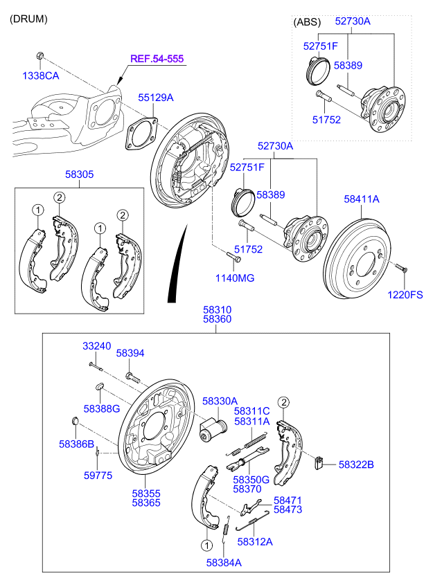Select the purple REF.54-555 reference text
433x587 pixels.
(x=158, y=59)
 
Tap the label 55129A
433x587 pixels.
(x=155, y=98)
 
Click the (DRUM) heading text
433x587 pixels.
(x=28, y=19)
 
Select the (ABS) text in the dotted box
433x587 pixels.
(x=308, y=22)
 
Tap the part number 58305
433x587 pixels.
(x=80, y=175)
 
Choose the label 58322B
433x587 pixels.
(x=356, y=464)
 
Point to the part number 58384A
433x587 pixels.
(x=223, y=563)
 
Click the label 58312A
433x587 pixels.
(x=254, y=542)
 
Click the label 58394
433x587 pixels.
(x=130, y=353)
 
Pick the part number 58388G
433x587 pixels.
(x=102, y=408)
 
